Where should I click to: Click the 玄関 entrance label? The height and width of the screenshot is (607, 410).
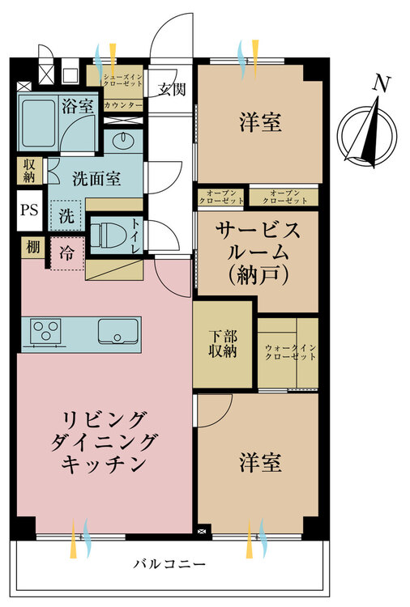tap(172, 89)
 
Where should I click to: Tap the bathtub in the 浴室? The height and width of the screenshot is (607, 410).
tap(38, 123)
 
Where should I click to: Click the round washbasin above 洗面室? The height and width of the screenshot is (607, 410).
tap(124, 140)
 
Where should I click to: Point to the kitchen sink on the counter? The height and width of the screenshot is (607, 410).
tap(117, 331)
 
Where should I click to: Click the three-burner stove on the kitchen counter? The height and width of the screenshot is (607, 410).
tap(46, 331)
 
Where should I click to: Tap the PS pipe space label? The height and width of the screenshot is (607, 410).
tap(29, 210)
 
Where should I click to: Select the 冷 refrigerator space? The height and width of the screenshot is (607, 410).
tap(66, 253)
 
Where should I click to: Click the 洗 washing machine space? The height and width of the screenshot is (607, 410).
tap(66, 215)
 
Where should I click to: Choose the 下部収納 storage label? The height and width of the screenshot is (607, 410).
tap(223, 344)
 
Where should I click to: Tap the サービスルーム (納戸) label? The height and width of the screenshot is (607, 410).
tap(258, 253)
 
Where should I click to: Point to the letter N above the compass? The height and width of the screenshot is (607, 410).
tap(382, 84)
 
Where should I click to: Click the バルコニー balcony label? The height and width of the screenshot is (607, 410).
tap(169, 563)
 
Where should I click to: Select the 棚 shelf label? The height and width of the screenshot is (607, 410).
tap(32, 247)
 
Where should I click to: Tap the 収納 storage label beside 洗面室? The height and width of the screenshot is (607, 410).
tap(29, 171)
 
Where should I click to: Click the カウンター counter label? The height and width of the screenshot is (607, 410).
tap(123, 105)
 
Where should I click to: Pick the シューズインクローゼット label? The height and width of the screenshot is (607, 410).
tap(123, 80)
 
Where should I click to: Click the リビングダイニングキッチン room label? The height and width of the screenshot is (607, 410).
tap(105, 442)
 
